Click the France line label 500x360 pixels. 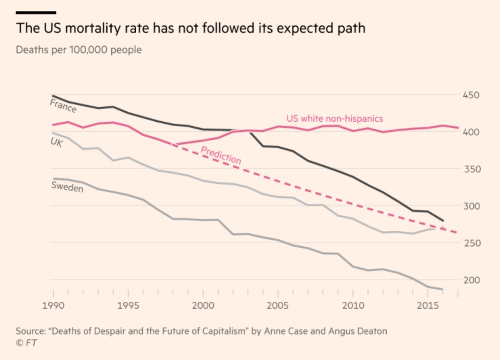(x=63, y=106)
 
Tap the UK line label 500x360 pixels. (x=57, y=144)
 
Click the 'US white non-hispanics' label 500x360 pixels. (x=335, y=119)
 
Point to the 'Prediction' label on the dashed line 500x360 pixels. (x=221, y=155)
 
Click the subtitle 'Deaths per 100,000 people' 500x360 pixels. (x=79, y=50)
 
